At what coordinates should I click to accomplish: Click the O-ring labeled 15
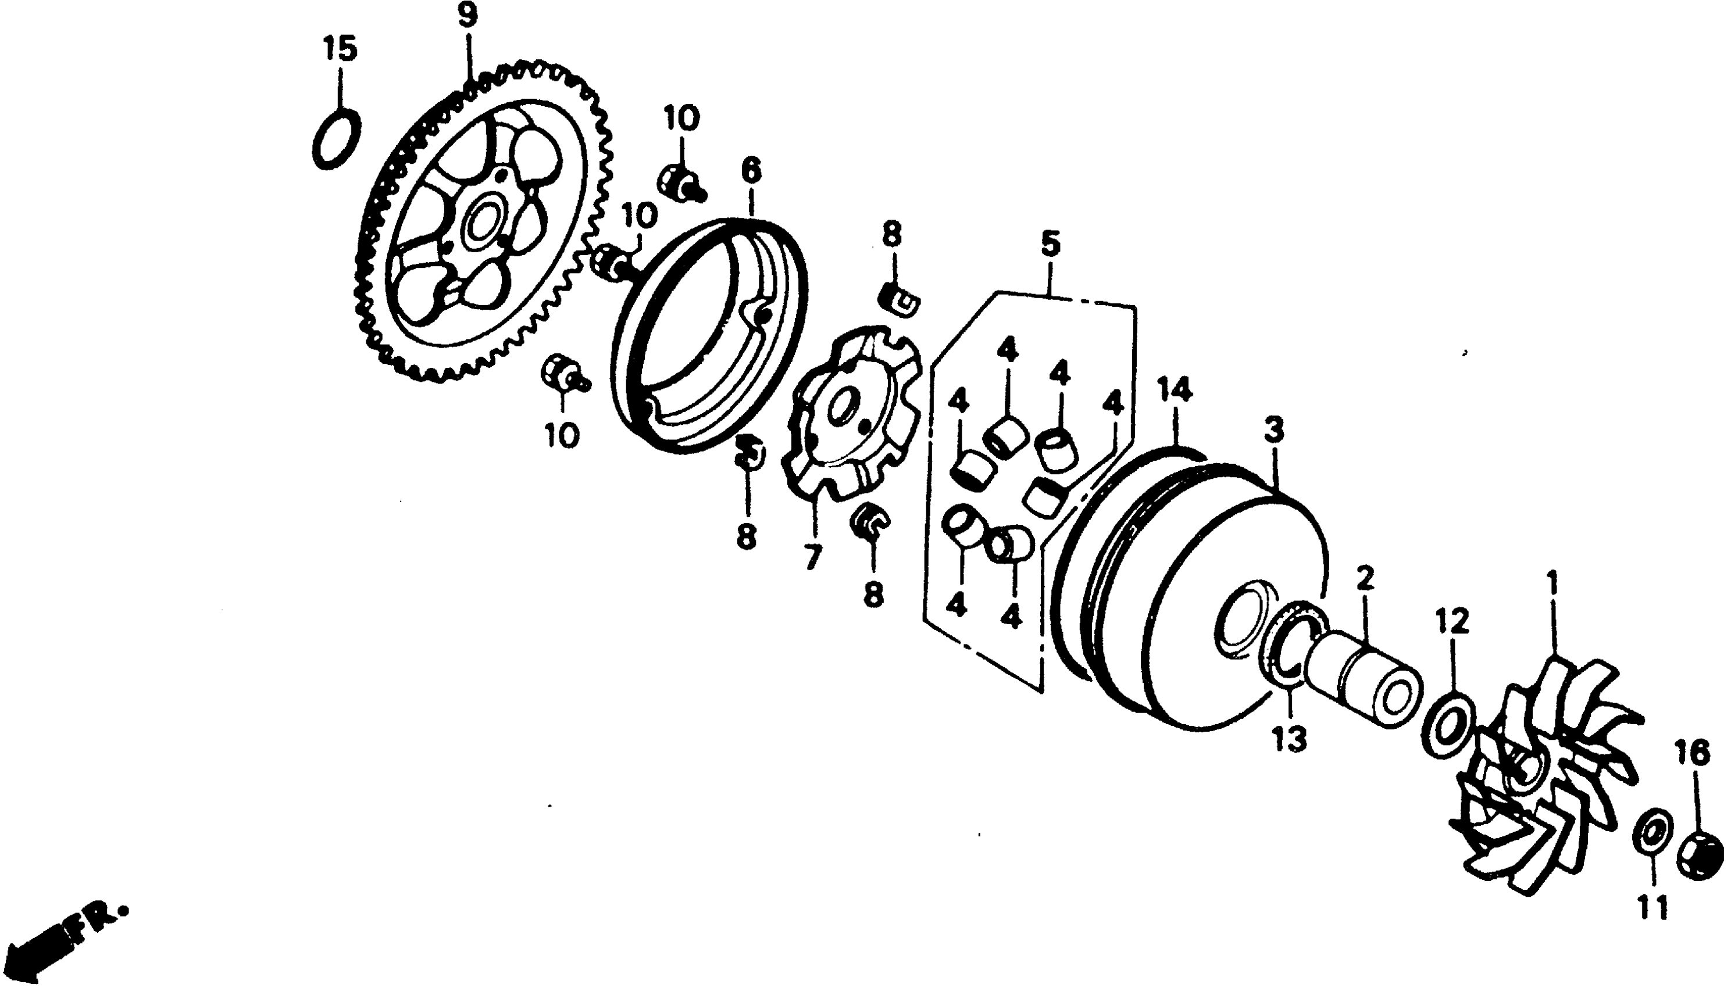[337, 138]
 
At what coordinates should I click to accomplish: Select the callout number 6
[751, 171]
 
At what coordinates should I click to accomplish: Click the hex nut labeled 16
[1698, 856]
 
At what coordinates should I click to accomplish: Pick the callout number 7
[812, 558]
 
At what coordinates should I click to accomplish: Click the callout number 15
[340, 49]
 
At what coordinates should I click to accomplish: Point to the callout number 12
[1452, 621]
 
